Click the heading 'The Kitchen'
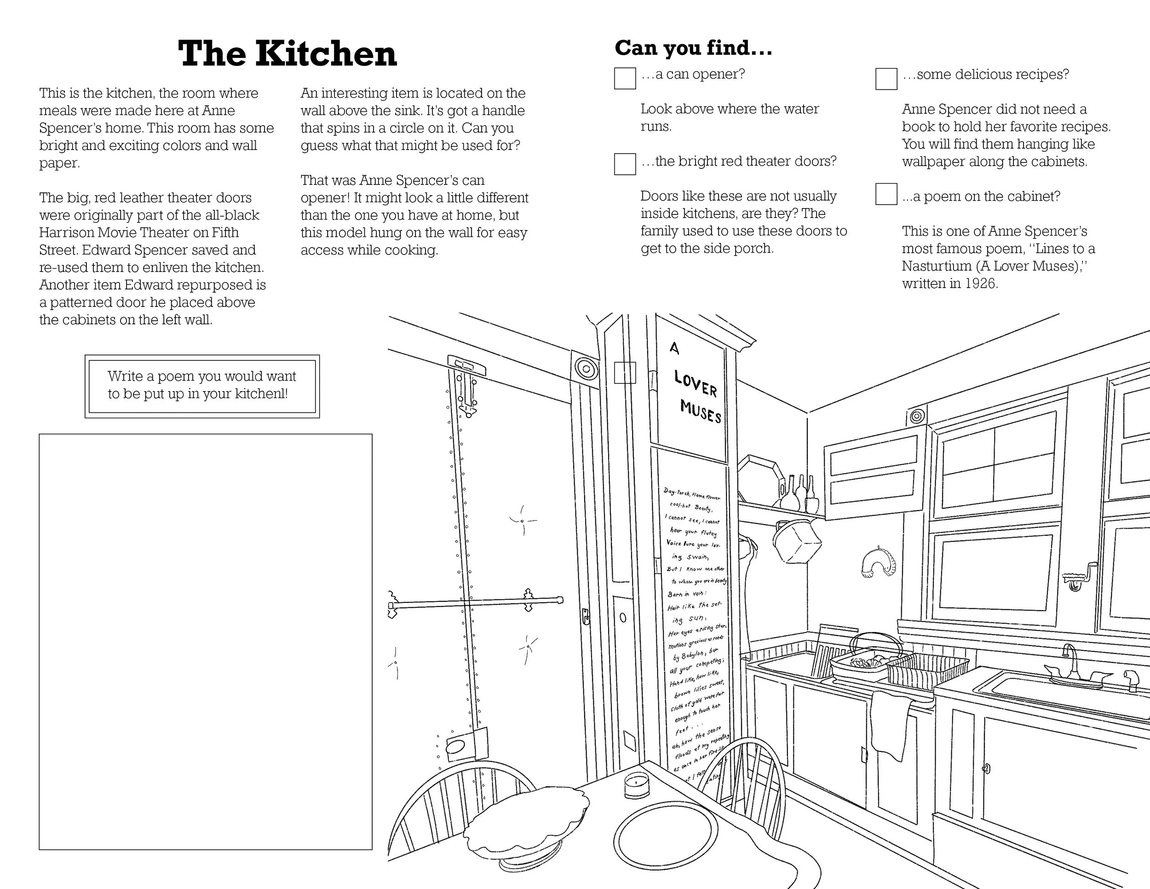coord(287,54)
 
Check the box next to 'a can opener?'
coord(625,79)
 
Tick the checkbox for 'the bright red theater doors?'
coord(625,164)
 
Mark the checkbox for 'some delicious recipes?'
coord(886,79)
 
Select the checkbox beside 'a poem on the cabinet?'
coord(886,194)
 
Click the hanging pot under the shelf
coord(796,541)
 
